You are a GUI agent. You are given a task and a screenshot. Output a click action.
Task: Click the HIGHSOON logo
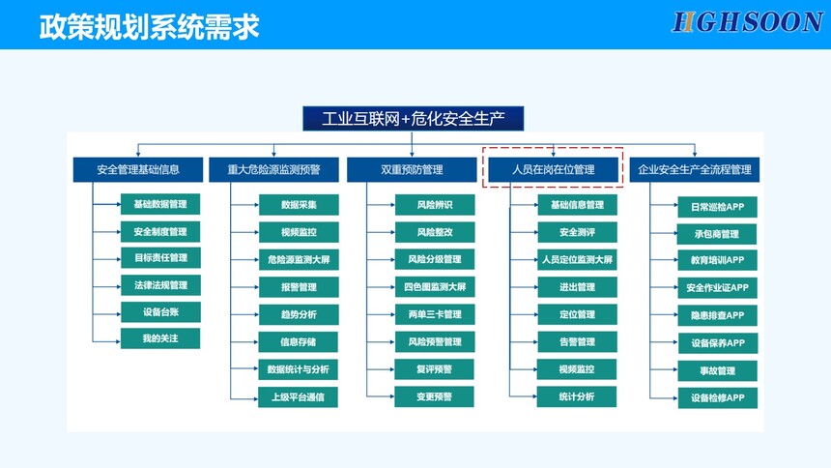[747, 22]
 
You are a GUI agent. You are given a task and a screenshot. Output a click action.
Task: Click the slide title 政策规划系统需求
[150, 26]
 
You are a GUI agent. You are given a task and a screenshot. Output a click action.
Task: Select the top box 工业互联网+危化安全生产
[413, 118]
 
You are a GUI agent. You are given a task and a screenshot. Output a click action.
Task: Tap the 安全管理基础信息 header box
[138, 170]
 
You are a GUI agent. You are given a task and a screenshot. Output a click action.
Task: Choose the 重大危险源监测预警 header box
[273, 170]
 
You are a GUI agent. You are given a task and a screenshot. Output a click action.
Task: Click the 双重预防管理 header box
[412, 170]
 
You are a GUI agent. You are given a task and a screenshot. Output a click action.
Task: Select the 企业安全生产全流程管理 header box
[694, 170]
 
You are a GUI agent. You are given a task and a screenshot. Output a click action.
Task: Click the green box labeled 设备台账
[160, 312]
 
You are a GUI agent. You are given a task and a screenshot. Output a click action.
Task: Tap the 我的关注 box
[160, 338]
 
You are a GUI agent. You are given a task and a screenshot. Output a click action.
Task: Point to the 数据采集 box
[299, 205]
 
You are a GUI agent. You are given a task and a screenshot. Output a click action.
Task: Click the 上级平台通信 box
[298, 396]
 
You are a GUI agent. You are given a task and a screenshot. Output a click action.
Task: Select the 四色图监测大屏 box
[435, 287]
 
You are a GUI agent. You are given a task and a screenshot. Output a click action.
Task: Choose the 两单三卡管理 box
[435, 314]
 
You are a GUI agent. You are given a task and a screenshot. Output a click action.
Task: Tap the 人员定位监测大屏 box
[577, 259]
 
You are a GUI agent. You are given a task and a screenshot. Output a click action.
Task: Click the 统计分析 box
[577, 396]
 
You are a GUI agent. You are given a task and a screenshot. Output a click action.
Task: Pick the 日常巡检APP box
[718, 207]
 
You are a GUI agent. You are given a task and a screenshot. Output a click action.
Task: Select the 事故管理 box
[718, 371]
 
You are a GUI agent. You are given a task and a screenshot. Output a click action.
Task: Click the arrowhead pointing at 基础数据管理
[118, 204]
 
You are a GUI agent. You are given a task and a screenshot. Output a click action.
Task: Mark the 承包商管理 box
[718, 234]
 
